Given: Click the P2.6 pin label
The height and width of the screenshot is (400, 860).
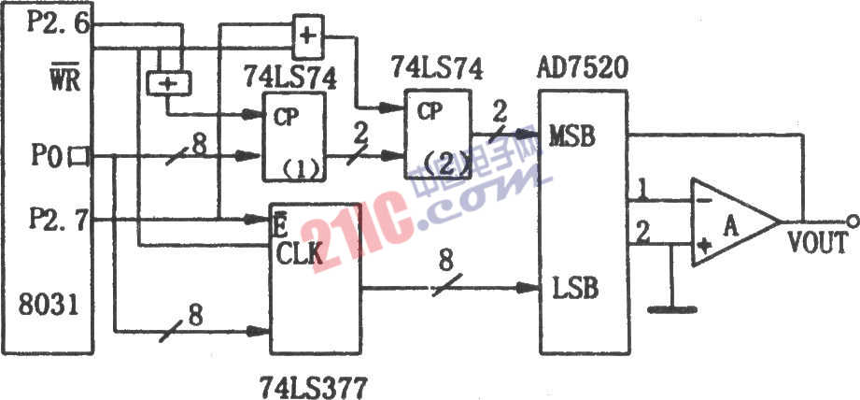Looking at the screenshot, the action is pos(58,24).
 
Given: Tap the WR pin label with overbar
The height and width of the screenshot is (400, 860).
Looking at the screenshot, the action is pos(65,80).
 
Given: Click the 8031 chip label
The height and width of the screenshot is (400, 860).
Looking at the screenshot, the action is pos(49,305).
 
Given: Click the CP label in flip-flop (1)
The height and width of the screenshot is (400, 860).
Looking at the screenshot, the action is pos(287,119).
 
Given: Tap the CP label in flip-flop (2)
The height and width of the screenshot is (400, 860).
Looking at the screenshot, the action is pos(430,112).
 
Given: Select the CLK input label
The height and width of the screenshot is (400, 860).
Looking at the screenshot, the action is pos(299,254).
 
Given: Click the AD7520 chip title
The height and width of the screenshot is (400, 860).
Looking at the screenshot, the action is pos(581,70).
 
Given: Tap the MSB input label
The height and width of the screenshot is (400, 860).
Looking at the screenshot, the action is pos(572,137).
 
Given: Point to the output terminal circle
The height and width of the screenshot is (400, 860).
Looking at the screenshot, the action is pos(852,221).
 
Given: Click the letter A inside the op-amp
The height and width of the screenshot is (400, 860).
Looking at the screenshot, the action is pos(730,225).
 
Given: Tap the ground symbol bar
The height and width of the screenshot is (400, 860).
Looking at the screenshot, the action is pos(672,310).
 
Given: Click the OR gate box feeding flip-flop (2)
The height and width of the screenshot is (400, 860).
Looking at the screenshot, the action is pos(308,37).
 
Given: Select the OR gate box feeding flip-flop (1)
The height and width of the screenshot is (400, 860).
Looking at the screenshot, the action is pos(169,83).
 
